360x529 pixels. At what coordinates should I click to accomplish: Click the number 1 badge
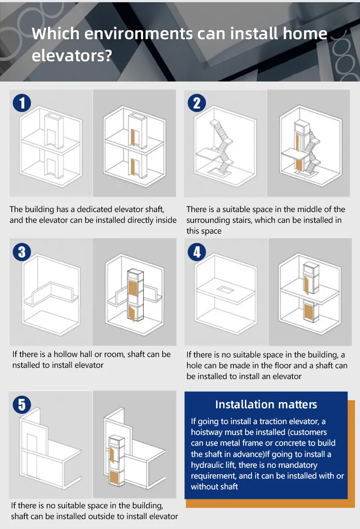coord(22,103)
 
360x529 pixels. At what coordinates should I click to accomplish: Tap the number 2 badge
coord(197,103)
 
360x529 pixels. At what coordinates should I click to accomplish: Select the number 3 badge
coord(22,252)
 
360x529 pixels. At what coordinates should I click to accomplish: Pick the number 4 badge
coord(197,252)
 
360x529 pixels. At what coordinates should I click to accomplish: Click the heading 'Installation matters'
coord(266,404)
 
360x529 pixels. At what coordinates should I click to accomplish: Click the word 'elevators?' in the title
coord(72,56)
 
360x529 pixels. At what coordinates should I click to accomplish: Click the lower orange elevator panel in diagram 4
coord(309,312)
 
